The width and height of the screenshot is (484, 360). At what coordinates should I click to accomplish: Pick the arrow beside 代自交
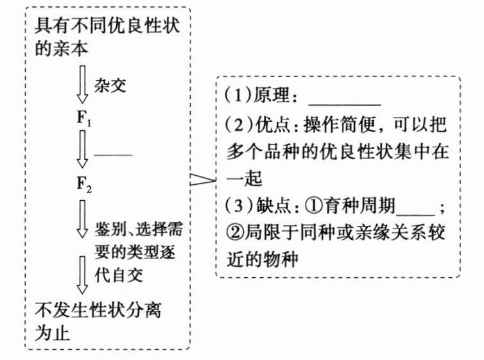click(x=83, y=274)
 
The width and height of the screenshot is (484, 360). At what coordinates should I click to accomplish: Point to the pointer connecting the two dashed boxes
click(x=203, y=182)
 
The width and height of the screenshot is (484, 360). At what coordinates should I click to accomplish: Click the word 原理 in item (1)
click(x=269, y=98)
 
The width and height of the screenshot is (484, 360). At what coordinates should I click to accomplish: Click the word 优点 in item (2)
click(x=269, y=125)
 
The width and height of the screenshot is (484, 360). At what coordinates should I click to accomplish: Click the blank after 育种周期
click(x=417, y=212)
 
